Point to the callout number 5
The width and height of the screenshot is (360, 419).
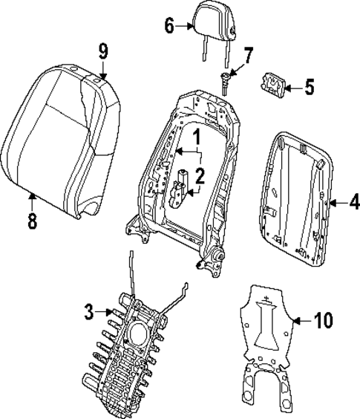point(310,87)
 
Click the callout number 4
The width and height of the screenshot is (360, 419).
point(354,201)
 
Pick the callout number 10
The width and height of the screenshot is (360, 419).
point(324,321)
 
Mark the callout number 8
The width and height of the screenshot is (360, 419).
point(31,222)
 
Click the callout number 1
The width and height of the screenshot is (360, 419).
point(197,137)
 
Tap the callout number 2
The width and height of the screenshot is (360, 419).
point(199,175)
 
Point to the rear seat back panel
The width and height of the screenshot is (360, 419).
point(295,197)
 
